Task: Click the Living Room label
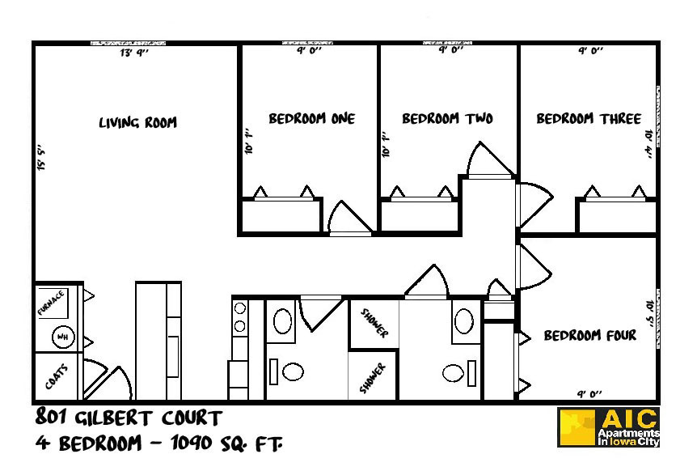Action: [137, 123]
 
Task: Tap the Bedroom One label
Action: [311, 119]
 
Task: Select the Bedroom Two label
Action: [447, 119]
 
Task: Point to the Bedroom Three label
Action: [589, 119]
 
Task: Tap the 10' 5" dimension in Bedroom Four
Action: [648, 308]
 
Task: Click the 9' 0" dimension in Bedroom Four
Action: [589, 394]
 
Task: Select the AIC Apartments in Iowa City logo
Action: [610, 427]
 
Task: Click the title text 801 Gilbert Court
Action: [128, 418]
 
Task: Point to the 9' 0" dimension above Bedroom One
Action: [310, 50]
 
